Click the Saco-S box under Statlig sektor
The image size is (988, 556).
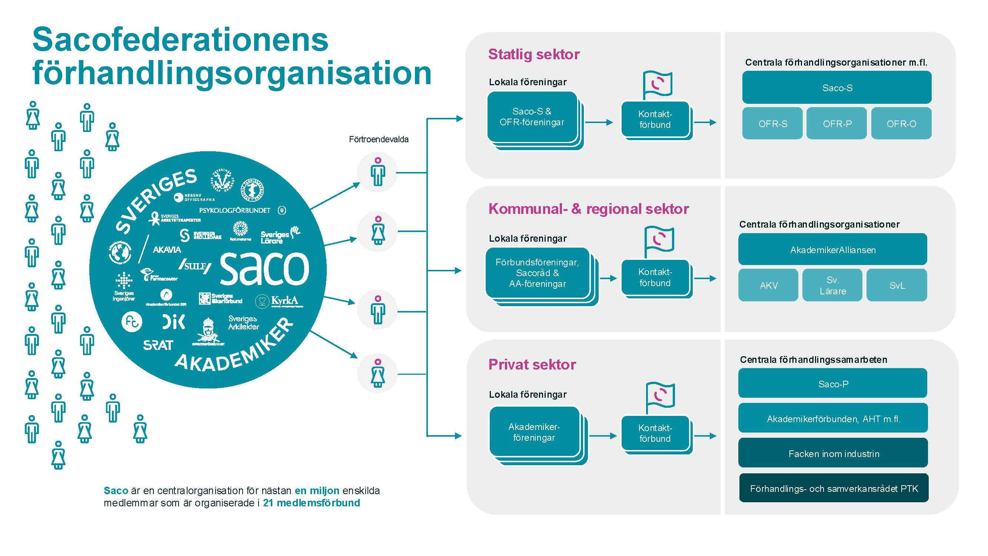(x=836, y=87)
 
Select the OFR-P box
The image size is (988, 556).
(x=836, y=123)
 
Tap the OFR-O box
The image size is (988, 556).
(x=901, y=123)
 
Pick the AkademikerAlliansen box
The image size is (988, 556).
(x=832, y=250)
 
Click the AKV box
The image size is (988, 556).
(x=768, y=285)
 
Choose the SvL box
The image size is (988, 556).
(x=897, y=285)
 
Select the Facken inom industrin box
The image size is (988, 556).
(x=833, y=453)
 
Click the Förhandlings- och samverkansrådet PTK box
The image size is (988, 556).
(x=834, y=488)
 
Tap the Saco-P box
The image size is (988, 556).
(x=833, y=383)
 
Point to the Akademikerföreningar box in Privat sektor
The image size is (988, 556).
(x=534, y=432)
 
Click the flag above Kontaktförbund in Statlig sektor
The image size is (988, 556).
(x=658, y=84)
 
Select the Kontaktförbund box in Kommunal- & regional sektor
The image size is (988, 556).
(x=655, y=277)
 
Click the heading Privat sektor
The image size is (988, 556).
(x=532, y=364)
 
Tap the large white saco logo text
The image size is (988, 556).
(x=264, y=268)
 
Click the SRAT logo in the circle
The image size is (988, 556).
(x=158, y=345)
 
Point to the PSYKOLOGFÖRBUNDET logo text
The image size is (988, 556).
(x=235, y=210)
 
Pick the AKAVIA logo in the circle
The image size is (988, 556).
(x=167, y=250)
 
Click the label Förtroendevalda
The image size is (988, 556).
(x=379, y=139)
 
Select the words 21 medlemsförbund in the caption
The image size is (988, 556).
(x=312, y=503)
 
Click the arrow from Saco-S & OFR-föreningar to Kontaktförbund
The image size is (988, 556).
(x=599, y=122)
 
